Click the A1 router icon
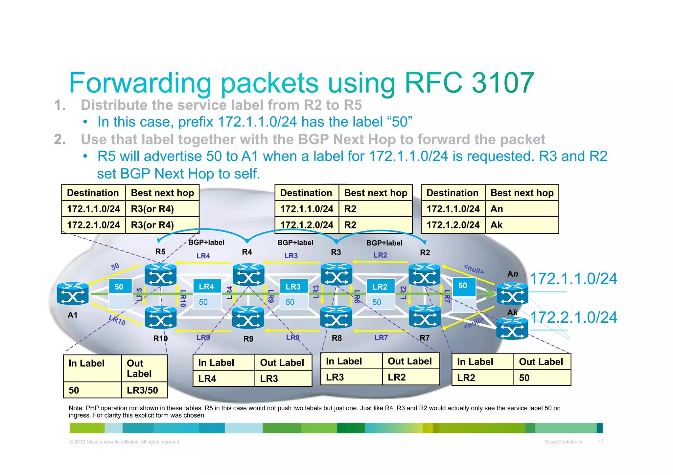point(73,293)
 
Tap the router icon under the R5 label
point(160,275)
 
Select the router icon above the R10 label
point(160,317)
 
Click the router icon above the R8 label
point(336,317)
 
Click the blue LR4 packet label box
point(207,286)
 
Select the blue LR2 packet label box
point(380,286)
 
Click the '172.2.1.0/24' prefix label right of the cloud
point(573,317)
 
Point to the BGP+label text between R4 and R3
point(295,243)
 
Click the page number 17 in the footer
point(601,442)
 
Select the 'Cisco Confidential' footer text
point(564,442)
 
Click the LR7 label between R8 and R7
point(381,337)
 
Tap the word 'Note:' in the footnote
point(76,408)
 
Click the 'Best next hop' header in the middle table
point(376,193)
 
